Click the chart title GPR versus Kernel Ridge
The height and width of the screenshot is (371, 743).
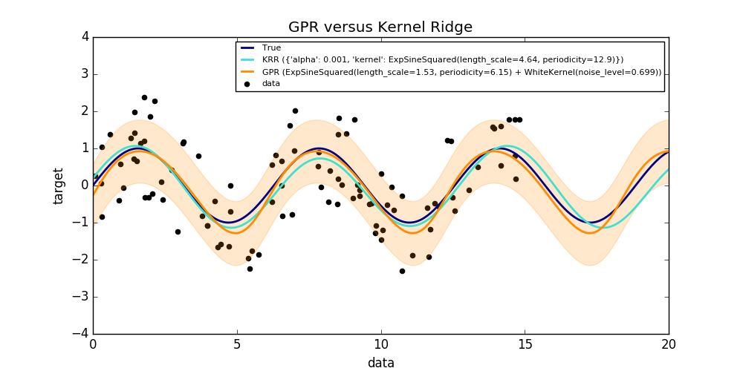(380, 27)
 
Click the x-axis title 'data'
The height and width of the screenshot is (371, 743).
(380, 363)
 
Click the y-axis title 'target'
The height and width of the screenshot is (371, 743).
(59, 185)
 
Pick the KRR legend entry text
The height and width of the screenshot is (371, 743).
(443, 60)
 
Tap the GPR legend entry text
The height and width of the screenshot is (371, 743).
(461, 72)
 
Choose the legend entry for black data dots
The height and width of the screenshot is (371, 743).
(271, 84)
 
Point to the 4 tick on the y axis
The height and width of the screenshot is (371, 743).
(85, 37)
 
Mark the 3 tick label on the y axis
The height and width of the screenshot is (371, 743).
(85, 74)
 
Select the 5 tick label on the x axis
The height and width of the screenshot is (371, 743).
(237, 344)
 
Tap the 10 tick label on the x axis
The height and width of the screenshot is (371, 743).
(380, 344)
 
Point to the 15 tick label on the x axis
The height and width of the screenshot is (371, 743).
(525, 344)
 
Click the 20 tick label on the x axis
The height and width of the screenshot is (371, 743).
(669, 344)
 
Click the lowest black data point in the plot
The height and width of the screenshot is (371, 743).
(402, 271)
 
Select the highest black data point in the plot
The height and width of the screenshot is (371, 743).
(144, 97)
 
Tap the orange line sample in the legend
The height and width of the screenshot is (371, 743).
(248, 72)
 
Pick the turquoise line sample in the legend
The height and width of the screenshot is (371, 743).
(248, 60)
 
